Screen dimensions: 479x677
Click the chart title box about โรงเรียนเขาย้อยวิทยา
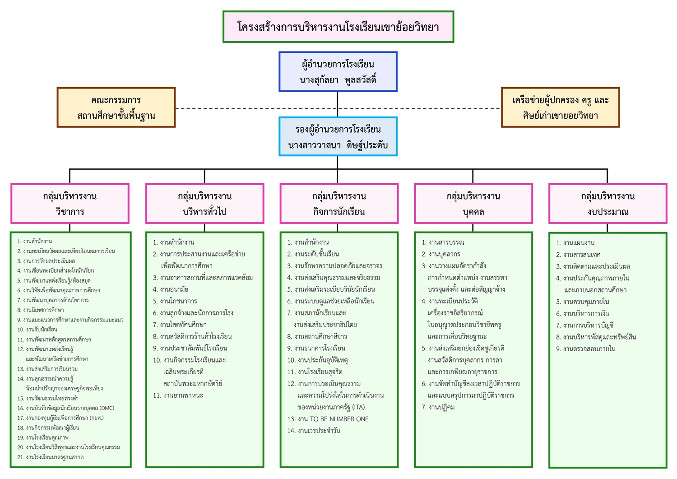(x=338, y=27)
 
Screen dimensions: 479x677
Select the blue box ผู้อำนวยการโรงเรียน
(x=338, y=72)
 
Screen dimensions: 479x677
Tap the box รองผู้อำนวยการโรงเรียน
(x=338, y=137)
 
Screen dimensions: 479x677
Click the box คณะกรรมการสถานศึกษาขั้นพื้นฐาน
(x=116, y=107)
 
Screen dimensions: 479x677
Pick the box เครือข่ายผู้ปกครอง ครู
(x=560, y=107)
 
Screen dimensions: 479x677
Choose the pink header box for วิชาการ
(x=70, y=204)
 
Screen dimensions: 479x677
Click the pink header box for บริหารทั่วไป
(x=204, y=204)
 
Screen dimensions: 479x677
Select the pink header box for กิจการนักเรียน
(x=339, y=204)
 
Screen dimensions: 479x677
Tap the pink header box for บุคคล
(x=473, y=204)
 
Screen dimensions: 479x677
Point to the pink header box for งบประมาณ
(x=607, y=204)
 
